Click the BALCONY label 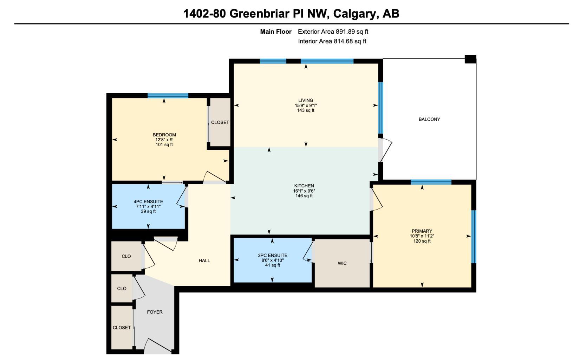tap(429, 119)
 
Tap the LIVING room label tap(306, 100)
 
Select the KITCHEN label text tap(304, 186)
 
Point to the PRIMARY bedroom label tap(422, 231)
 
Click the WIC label tap(342, 263)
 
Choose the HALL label tap(204, 261)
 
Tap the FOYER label tap(155, 312)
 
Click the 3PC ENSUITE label tap(272, 256)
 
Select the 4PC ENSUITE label tap(148, 201)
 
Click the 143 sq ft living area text tap(306, 110)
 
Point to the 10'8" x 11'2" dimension tap(422, 236)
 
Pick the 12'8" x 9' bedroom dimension tap(164, 140)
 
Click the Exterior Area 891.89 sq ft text tap(333, 32)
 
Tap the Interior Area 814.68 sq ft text tap(332, 41)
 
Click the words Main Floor tap(275, 32)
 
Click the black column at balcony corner tap(470, 59)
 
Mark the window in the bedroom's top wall tap(168, 96)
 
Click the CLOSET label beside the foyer tap(122, 327)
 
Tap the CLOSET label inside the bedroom tap(220, 122)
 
